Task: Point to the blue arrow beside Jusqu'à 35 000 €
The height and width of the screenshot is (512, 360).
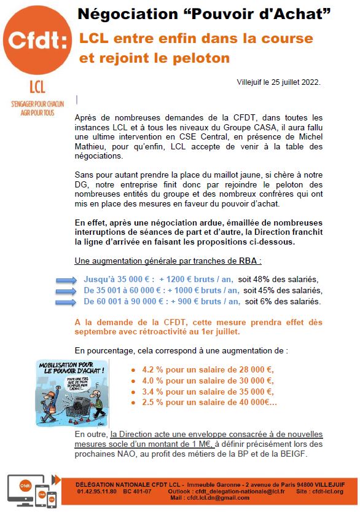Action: (x=66, y=279)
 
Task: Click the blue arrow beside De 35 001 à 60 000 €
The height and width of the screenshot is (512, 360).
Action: (x=66, y=290)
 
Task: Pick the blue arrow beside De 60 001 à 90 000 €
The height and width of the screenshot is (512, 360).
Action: (x=66, y=301)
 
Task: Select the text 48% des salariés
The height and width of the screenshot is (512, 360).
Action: (x=282, y=279)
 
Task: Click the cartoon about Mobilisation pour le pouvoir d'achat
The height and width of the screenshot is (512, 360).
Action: (x=77, y=393)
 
